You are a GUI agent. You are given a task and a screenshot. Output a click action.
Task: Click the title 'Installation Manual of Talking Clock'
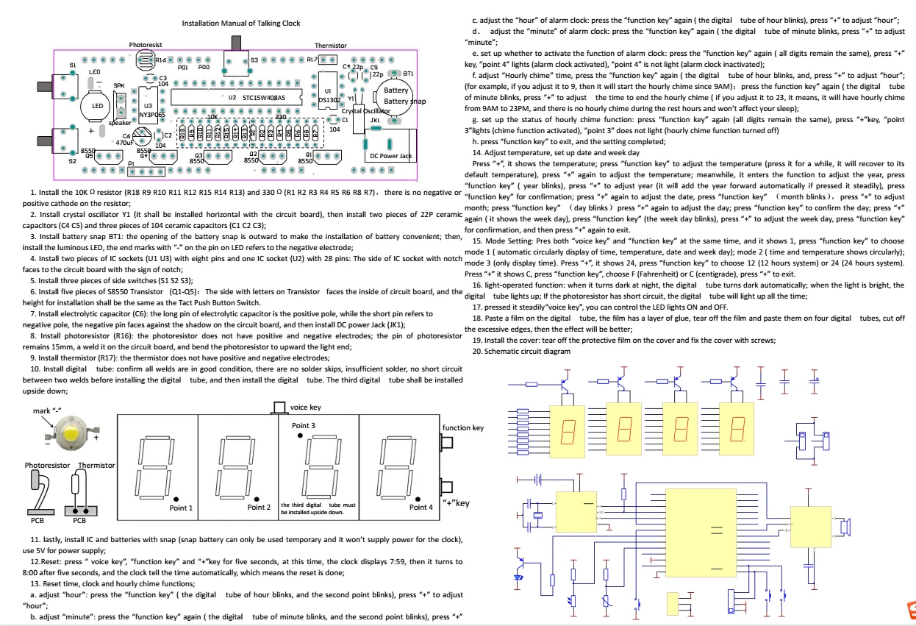click(x=240, y=24)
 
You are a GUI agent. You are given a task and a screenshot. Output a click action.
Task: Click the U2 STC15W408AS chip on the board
click(x=228, y=96)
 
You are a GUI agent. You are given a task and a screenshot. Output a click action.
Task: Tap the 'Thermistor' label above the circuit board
click(x=330, y=45)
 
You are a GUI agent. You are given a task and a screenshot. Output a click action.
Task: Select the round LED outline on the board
click(x=96, y=105)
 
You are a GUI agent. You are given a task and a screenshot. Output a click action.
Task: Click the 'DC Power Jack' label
click(x=390, y=155)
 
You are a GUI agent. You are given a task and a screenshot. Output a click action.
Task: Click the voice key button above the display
click(x=279, y=407)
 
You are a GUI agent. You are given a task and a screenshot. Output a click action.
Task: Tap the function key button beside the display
click(x=444, y=443)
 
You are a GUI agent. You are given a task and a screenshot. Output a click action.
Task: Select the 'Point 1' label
click(x=181, y=507)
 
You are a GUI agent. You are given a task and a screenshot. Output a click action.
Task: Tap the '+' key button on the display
click(x=444, y=487)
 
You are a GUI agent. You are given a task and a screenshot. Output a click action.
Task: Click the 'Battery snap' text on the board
click(x=405, y=101)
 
